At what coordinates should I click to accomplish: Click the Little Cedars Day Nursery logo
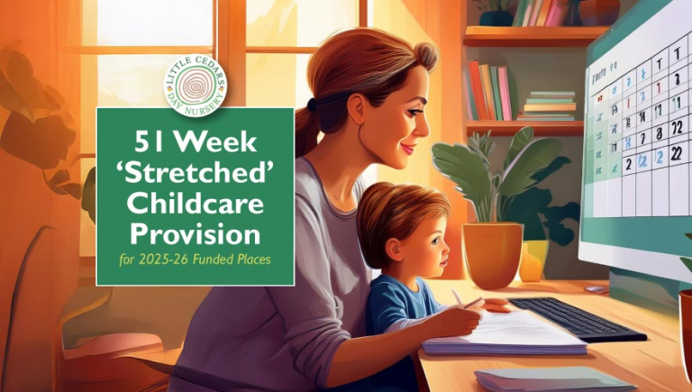pyautogui.click(x=195, y=83)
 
